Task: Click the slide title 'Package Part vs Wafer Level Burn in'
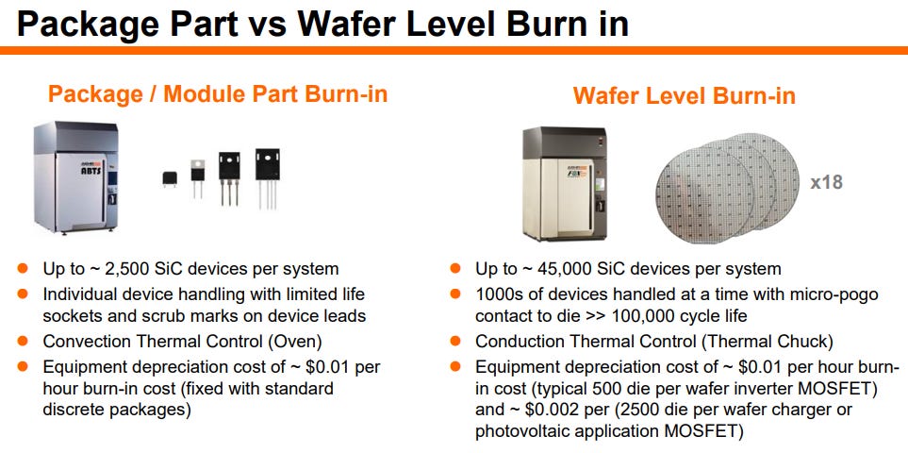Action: (322, 23)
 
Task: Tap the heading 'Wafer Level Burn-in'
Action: (684, 95)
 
